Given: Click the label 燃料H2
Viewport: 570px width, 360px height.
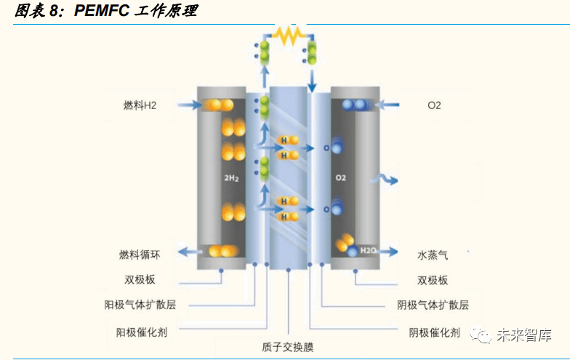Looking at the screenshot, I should click(x=140, y=105).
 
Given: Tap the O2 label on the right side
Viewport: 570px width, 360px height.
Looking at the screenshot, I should click(x=434, y=105).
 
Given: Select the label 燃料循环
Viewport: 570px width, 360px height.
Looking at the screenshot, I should click(x=139, y=255).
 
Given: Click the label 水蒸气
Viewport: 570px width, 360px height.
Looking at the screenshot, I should click(x=433, y=255).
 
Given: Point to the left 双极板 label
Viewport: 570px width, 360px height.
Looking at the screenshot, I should click(x=139, y=279).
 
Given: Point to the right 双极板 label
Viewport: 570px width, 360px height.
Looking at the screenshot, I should click(x=433, y=280).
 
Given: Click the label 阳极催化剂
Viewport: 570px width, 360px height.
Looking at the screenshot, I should click(x=142, y=332).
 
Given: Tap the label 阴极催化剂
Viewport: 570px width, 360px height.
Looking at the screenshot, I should click(x=433, y=332).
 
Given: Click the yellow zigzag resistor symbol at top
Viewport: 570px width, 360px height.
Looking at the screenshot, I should click(x=287, y=35).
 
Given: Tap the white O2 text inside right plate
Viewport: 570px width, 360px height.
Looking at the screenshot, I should click(x=340, y=177).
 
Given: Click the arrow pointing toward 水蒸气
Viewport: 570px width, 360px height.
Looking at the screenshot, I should click(x=390, y=252).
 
